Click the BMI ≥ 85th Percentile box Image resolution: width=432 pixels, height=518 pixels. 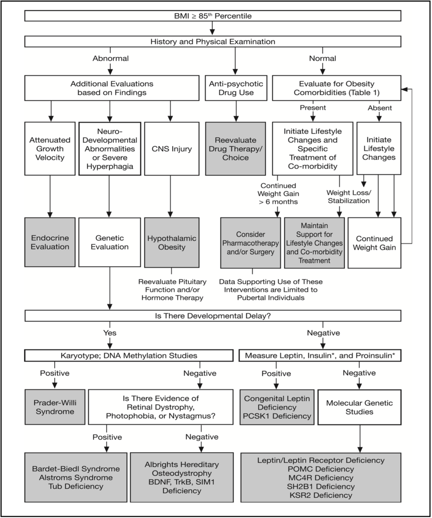(x=212, y=16)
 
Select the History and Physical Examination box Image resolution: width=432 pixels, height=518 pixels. (x=212, y=41)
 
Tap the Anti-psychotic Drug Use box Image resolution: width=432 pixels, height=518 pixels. (x=236, y=88)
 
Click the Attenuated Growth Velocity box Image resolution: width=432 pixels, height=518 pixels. (x=50, y=148)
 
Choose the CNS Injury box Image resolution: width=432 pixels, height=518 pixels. (x=171, y=149)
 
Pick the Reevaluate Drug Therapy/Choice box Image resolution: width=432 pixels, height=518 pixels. (x=235, y=148)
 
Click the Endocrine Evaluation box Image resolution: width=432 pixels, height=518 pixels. (x=50, y=242)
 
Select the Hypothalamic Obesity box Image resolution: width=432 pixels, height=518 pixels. (x=171, y=242)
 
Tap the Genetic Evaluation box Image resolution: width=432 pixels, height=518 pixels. (x=109, y=242)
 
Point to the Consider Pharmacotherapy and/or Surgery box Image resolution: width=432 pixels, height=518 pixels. (x=250, y=243)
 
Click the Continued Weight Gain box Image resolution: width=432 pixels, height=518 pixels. (x=374, y=243)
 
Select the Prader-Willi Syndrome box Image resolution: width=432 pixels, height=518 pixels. (x=55, y=407)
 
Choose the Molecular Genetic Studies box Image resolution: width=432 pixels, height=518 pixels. (x=359, y=407)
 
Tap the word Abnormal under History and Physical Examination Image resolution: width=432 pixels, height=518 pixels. (x=110, y=58)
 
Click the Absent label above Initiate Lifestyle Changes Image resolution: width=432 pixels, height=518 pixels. (x=379, y=108)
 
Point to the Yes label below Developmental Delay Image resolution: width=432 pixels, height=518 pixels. (x=110, y=333)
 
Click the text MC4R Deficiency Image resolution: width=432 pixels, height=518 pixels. (x=321, y=478)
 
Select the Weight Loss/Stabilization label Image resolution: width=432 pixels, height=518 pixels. (x=348, y=197)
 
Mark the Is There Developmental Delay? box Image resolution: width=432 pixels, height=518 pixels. (x=212, y=316)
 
